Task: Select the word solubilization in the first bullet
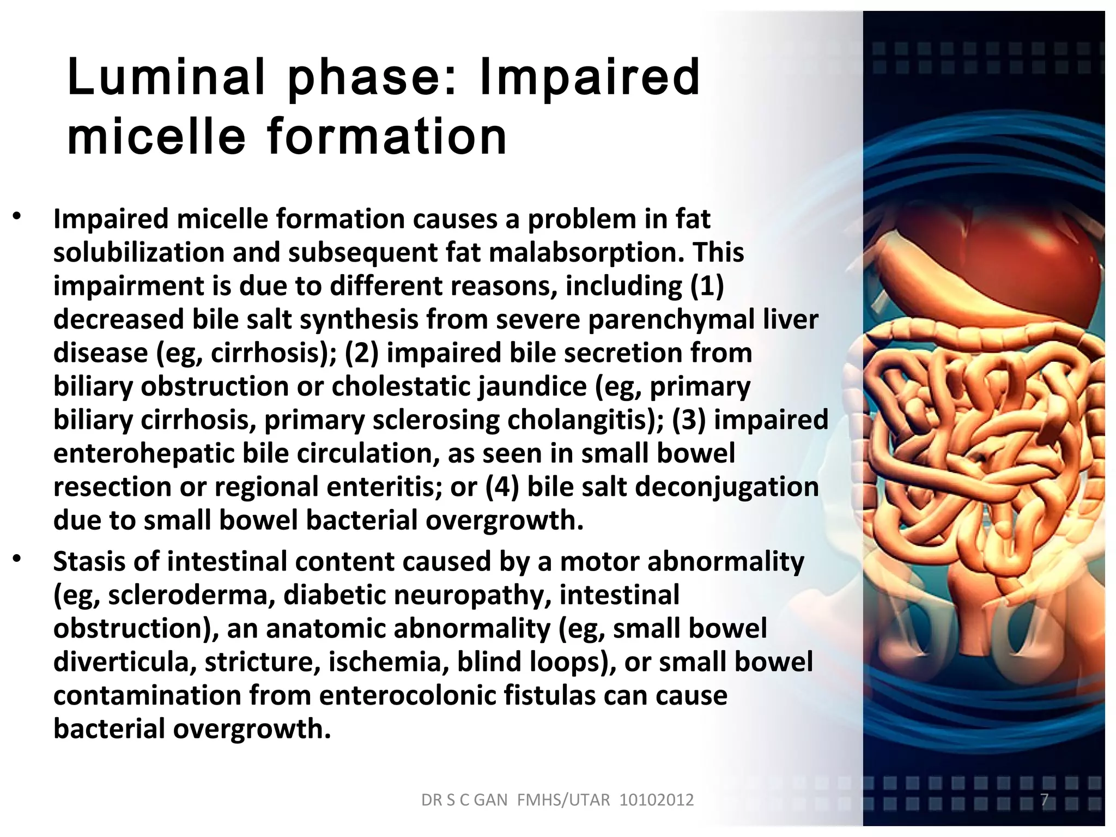point(139,253)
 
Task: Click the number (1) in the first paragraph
point(707,286)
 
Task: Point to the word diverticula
point(125,662)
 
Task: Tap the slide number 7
point(1044,799)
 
